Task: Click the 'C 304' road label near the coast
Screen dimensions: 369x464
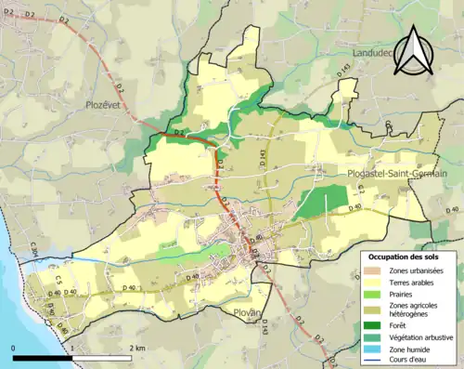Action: click(33, 250)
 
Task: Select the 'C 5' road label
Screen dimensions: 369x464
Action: click(57, 278)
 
